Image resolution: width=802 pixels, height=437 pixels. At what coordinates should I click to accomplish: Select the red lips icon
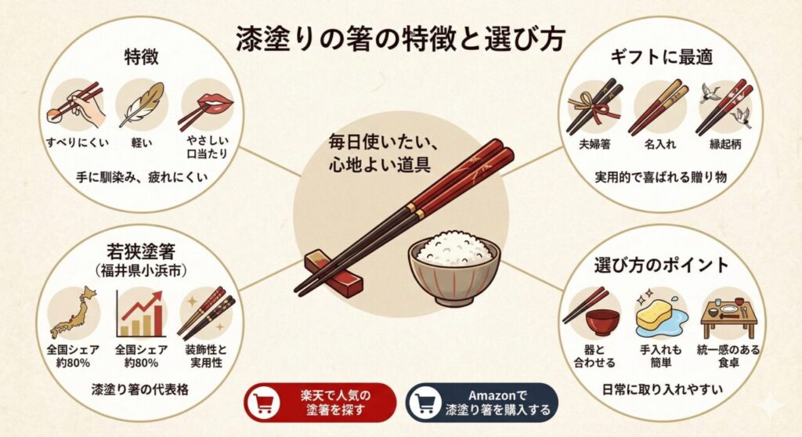click(x=207, y=105)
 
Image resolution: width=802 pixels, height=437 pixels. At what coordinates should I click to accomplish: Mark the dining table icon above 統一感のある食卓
click(x=728, y=313)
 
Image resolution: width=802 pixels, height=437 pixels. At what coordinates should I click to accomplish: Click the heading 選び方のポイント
click(x=663, y=264)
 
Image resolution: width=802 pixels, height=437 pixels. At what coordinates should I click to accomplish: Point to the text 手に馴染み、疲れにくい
click(x=141, y=177)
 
